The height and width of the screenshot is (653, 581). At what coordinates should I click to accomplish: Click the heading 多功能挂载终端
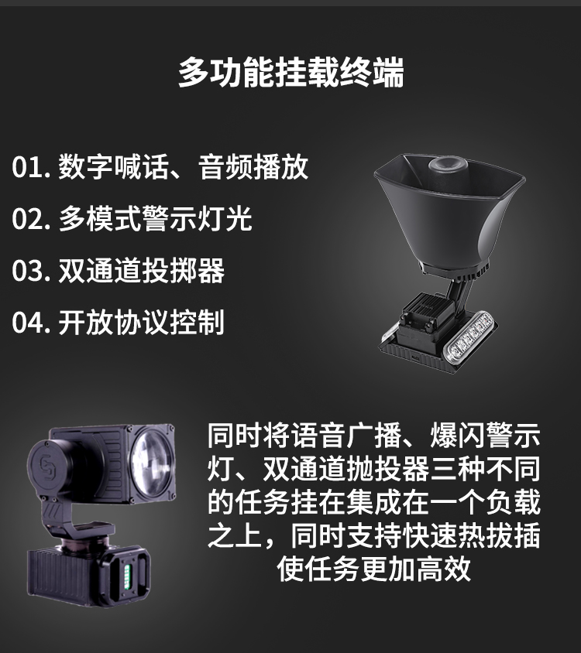[290, 73]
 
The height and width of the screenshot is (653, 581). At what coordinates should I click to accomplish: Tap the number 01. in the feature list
[31, 167]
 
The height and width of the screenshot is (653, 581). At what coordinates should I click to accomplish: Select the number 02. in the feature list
[31, 219]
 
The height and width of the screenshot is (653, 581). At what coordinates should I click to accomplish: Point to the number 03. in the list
[31, 271]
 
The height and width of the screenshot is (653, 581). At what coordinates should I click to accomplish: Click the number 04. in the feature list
[31, 323]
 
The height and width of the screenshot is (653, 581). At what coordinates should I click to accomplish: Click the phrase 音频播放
[253, 167]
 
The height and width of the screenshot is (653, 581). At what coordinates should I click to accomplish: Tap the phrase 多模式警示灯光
[155, 219]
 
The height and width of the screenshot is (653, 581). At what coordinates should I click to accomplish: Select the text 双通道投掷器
[142, 271]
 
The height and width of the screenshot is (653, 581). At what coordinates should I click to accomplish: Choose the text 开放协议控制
[142, 323]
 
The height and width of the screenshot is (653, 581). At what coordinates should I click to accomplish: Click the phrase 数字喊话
[113, 167]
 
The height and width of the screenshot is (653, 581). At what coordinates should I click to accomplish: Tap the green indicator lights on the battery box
[128, 576]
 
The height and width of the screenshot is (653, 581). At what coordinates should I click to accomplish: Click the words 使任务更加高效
[374, 569]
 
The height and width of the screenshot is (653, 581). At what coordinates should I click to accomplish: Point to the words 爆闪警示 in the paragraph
[485, 435]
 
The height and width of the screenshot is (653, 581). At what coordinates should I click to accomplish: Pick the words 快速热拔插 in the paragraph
[471, 535]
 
